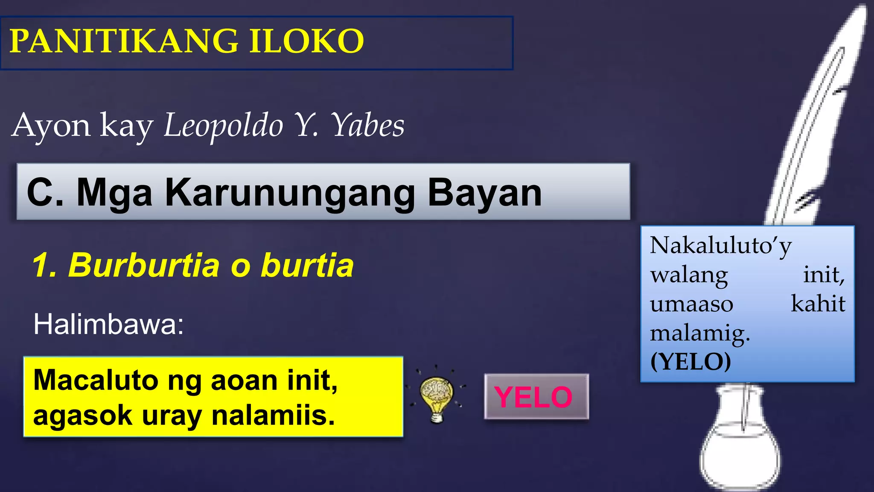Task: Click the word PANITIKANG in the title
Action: tap(124, 41)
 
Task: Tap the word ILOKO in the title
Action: tap(306, 41)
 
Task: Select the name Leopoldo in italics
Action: tap(223, 126)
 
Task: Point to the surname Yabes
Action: tap(368, 126)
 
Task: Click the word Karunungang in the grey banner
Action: tap(290, 193)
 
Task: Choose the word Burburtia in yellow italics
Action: tap(144, 265)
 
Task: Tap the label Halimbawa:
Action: tap(108, 324)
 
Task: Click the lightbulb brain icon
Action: tap(436, 397)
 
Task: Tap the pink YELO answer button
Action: tap(536, 397)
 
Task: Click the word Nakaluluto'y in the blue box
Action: tap(720, 246)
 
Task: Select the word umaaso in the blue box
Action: tap(691, 304)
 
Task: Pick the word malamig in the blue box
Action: tap(699, 334)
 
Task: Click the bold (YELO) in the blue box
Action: tap(690, 362)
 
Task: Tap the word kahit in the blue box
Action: tap(818, 304)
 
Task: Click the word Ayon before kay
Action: tap(51, 126)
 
